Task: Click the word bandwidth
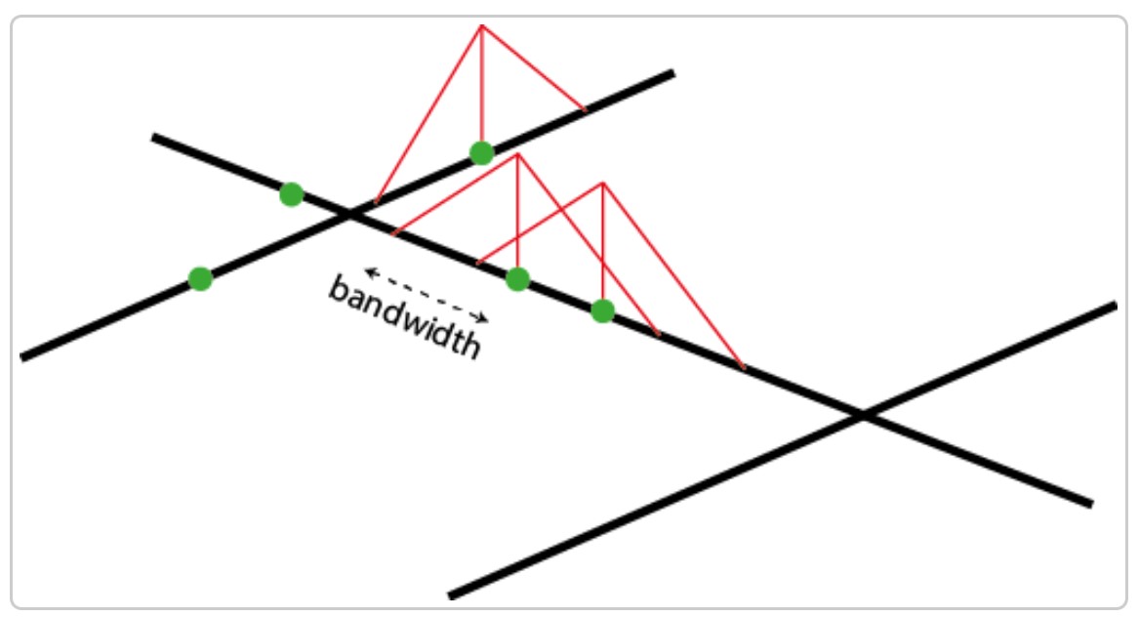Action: (x=404, y=316)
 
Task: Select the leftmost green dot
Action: (x=200, y=279)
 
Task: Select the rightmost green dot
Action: (x=603, y=311)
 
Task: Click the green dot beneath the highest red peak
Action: (x=481, y=152)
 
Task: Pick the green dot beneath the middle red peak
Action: (x=518, y=279)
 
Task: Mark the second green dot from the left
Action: (x=291, y=194)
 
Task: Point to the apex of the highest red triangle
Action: (x=481, y=24)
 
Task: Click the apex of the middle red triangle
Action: (x=517, y=153)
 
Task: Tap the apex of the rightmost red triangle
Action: (x=603, y=183)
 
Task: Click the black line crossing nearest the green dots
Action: (x=348, y=214)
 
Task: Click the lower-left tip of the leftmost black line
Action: (x=21, y=357)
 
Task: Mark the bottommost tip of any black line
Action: (x=450, y=596)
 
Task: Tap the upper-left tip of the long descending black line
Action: (x=152, y=137)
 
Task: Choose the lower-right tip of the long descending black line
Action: (x=1092, y=504)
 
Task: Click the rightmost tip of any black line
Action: (x=1116, y=306)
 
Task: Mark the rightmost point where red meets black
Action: (x=745, y=368)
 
